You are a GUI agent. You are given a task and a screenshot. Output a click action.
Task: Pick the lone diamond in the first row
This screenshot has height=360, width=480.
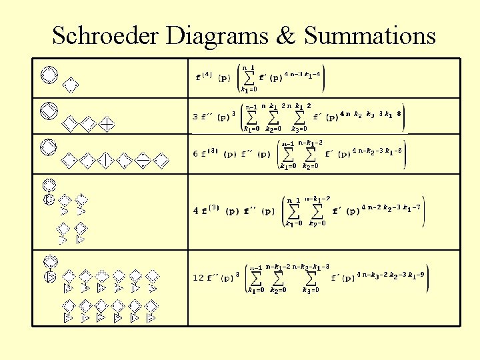pos(70,85)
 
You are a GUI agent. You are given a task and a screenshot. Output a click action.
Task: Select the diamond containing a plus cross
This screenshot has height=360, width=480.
pos(110,123)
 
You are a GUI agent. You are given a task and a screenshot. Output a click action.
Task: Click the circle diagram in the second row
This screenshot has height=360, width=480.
pos(48,109)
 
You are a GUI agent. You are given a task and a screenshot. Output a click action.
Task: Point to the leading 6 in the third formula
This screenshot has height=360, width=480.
pos(195,154)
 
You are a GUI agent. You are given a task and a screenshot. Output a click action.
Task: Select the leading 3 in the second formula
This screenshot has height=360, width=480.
pos(195,117)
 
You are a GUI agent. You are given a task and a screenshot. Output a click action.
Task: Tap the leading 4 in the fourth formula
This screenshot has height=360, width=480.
pos(195,211)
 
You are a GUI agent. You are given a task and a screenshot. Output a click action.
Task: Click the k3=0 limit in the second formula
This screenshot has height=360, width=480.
pos(299,129)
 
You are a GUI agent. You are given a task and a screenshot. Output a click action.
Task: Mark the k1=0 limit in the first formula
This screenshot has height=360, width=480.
pos(248,88)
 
